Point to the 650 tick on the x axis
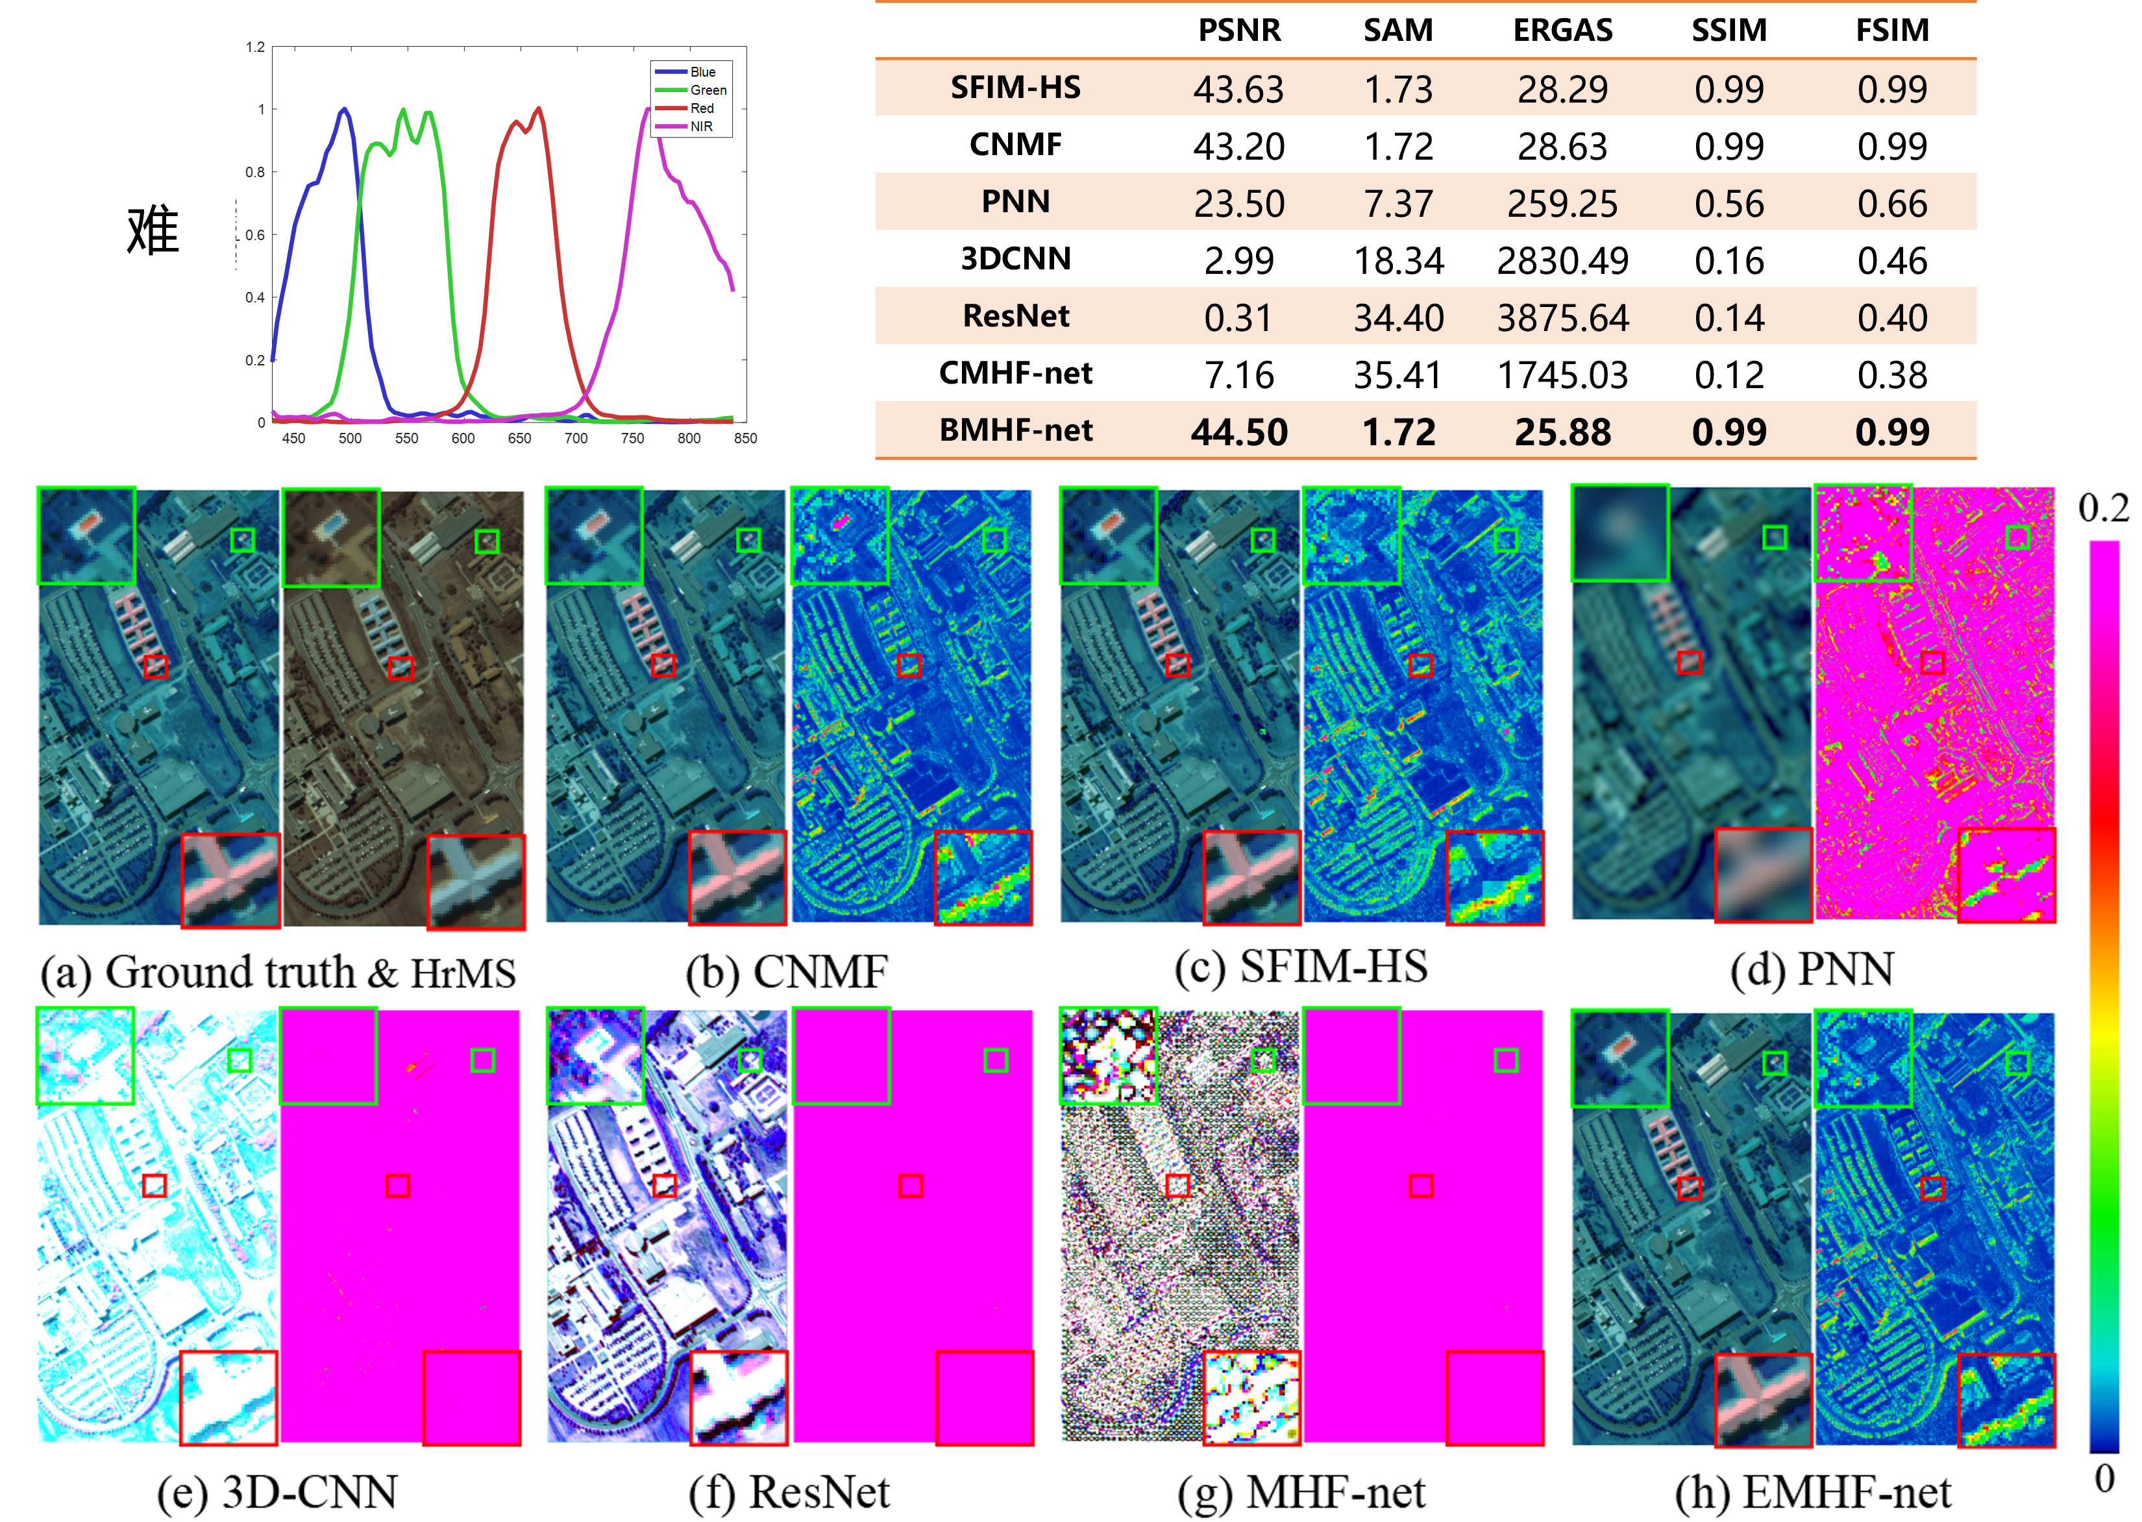[519, 437]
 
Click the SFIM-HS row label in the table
[1016, 87]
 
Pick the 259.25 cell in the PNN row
[1562, 203]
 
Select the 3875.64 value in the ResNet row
[1563, 318]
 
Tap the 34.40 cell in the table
[1398, 318]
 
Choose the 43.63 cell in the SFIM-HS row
[1238, 89]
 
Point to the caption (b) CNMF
[786, 972]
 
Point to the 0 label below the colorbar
[2104, 1479]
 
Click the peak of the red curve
[539, 109]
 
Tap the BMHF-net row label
[1016, 430]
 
